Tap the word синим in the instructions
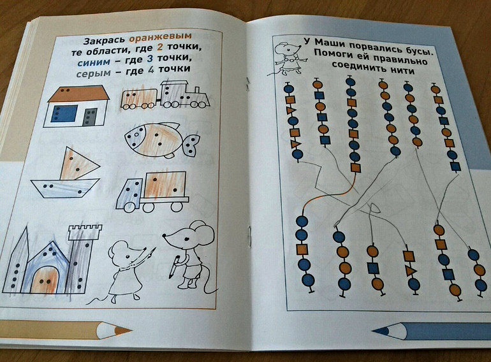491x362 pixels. pyautogui.click(x=94, y=62)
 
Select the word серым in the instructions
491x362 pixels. pyautogui.click(x=93, y=73)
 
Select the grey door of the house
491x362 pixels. pyautogui.click(x=91, y=117)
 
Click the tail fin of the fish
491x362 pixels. pyautogui.click(x=192, y=145)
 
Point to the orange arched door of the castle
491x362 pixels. pyautogui.click(x=46, y=280)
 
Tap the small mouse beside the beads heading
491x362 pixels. pyautogui.click(x=286, y=59)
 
